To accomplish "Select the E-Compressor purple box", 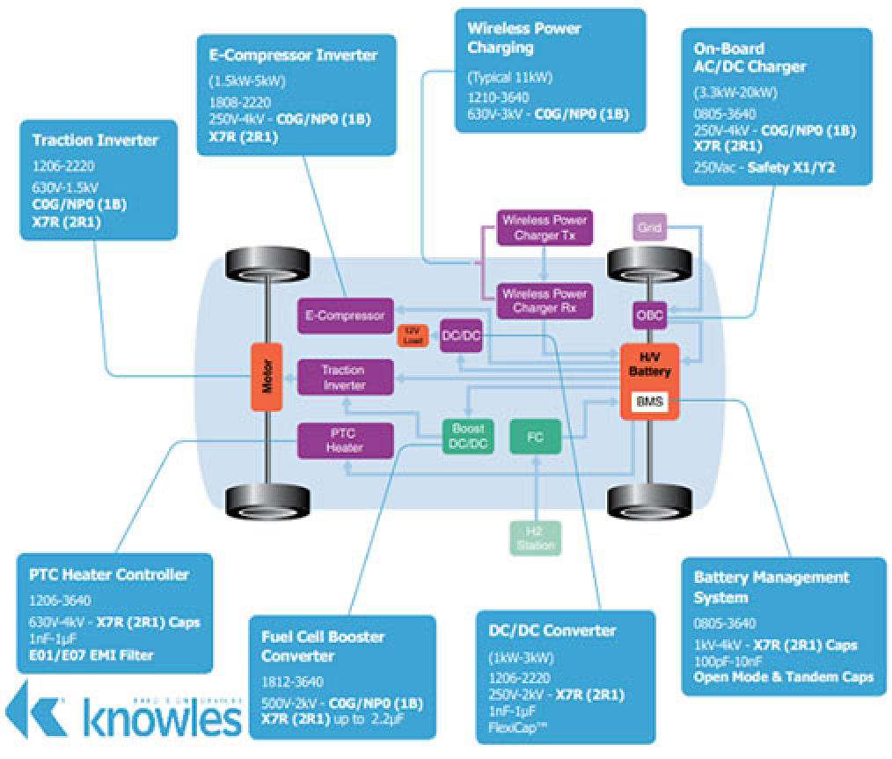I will coord(345,315).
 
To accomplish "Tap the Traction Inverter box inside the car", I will coord(343,378).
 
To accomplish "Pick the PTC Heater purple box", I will coord(343,440).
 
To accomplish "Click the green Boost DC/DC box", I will coord(468,436).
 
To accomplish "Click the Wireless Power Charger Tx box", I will coord(545,228).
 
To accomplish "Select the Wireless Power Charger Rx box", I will coord(545,301).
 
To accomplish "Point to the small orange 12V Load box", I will coord(412,335).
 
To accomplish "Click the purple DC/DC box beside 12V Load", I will coord(461,335).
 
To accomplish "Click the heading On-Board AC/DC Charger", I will coord(749,57).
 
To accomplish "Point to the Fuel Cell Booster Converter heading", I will coord(324,645).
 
